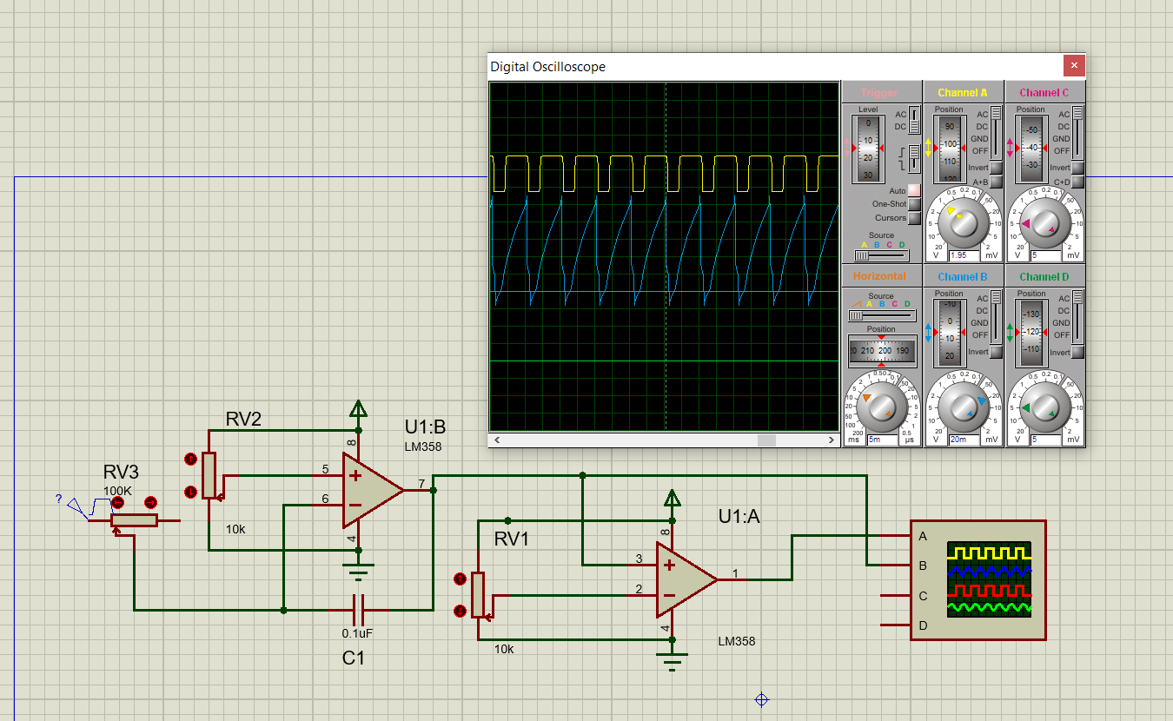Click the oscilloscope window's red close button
tap(1074, 65)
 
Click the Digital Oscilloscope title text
tap(547, 67)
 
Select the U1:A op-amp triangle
tap(685, 579)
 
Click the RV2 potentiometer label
tap(243, 420)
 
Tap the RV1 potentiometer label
tap(512, 539)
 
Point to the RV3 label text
tap(121, 473)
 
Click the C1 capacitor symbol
tap(358, 609)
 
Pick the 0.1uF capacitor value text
tap(357, 633)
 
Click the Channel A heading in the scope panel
tap(962, 92)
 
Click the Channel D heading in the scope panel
tap(1044, 277)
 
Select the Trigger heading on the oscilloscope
tap(878, 92)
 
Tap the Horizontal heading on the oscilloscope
tap(878, 276)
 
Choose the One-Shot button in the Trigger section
tap(913, 204)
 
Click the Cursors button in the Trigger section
tap(913, 218)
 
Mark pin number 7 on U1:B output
tap(421, 483)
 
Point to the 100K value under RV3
tap(117, 491)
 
